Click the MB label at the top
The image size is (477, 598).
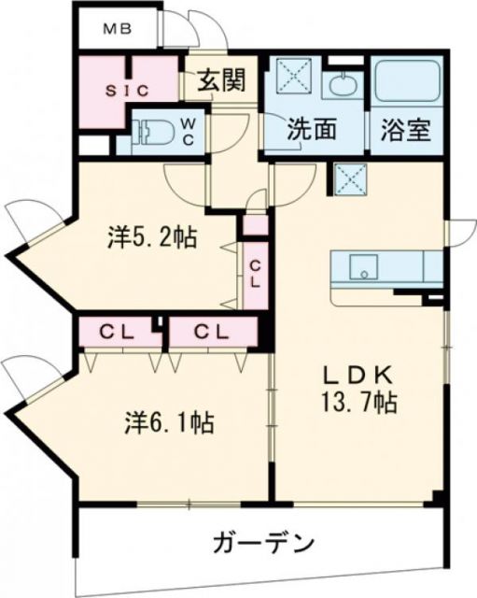(117, 28)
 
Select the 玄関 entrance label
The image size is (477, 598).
(221, 83)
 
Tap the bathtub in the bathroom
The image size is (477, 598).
(406, 85)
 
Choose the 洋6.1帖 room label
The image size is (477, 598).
(171, 422)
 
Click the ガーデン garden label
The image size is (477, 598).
(264, 543)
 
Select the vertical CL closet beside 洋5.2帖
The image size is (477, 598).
(254, 272)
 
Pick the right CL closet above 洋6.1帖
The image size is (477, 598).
(213, 331)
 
